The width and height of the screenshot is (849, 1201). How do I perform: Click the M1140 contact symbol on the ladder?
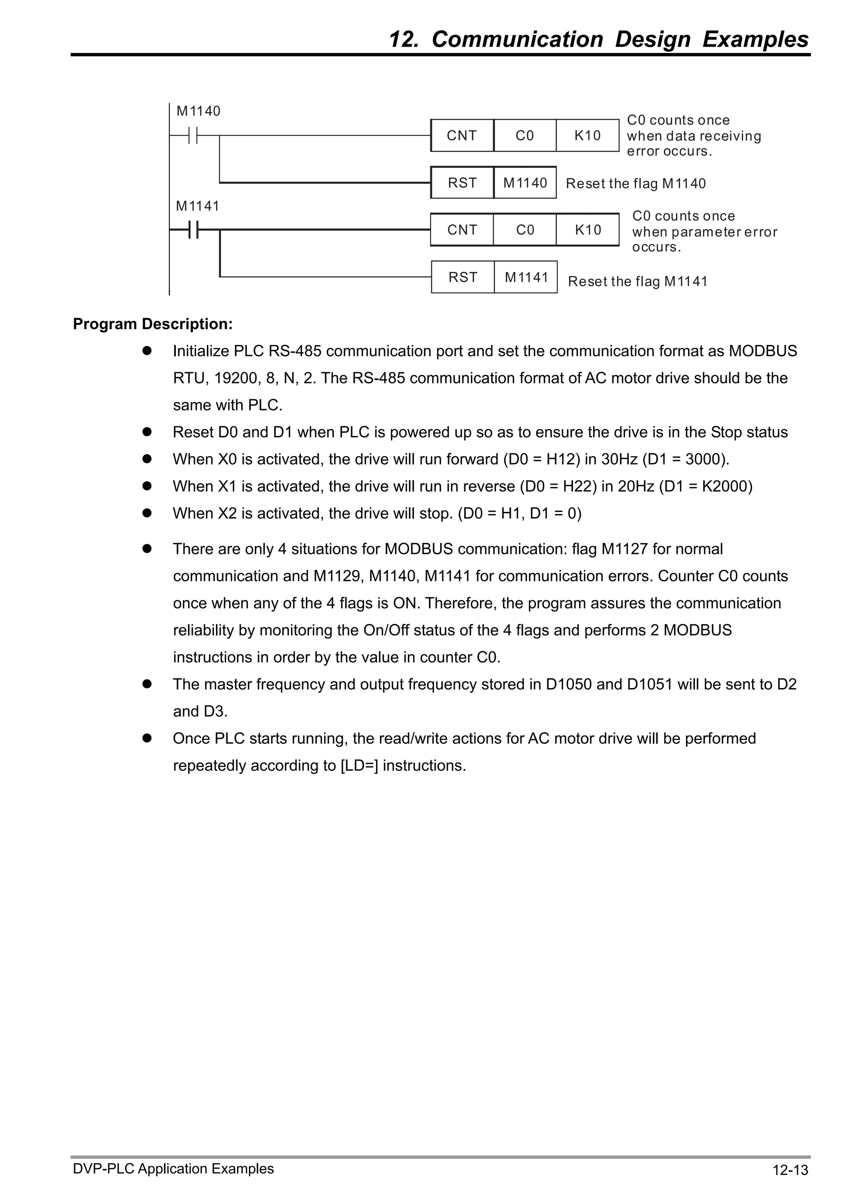coord(193,136)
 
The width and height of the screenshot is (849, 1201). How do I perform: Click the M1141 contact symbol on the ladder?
coord(193,230)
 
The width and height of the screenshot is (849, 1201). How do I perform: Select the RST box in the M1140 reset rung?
coord(462,182)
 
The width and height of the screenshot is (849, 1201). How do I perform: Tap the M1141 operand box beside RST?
coord(526,277)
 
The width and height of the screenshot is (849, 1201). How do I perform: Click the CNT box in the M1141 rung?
coord(462,230)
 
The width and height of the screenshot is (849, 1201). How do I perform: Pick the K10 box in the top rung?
coord(587,136)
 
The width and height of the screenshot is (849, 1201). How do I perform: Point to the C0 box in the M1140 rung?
coord(525,136)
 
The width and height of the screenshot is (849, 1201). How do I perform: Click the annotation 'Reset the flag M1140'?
coord(636,184)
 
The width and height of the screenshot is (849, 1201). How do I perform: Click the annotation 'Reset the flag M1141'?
coord(638,281)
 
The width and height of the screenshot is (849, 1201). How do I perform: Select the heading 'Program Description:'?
coord(153,324)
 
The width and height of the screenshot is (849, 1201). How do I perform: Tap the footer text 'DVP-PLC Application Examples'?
coord(173,1169)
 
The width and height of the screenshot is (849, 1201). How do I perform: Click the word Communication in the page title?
coord(517,39)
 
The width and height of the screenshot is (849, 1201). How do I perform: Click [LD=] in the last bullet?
coord(359,766)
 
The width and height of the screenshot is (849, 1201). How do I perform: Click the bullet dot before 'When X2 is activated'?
coord(147,513)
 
